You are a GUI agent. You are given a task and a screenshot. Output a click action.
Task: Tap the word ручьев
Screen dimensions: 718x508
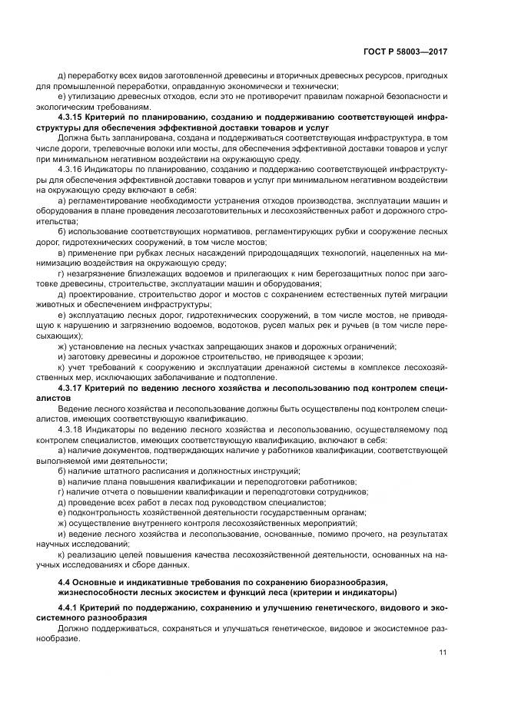[364, 326]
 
